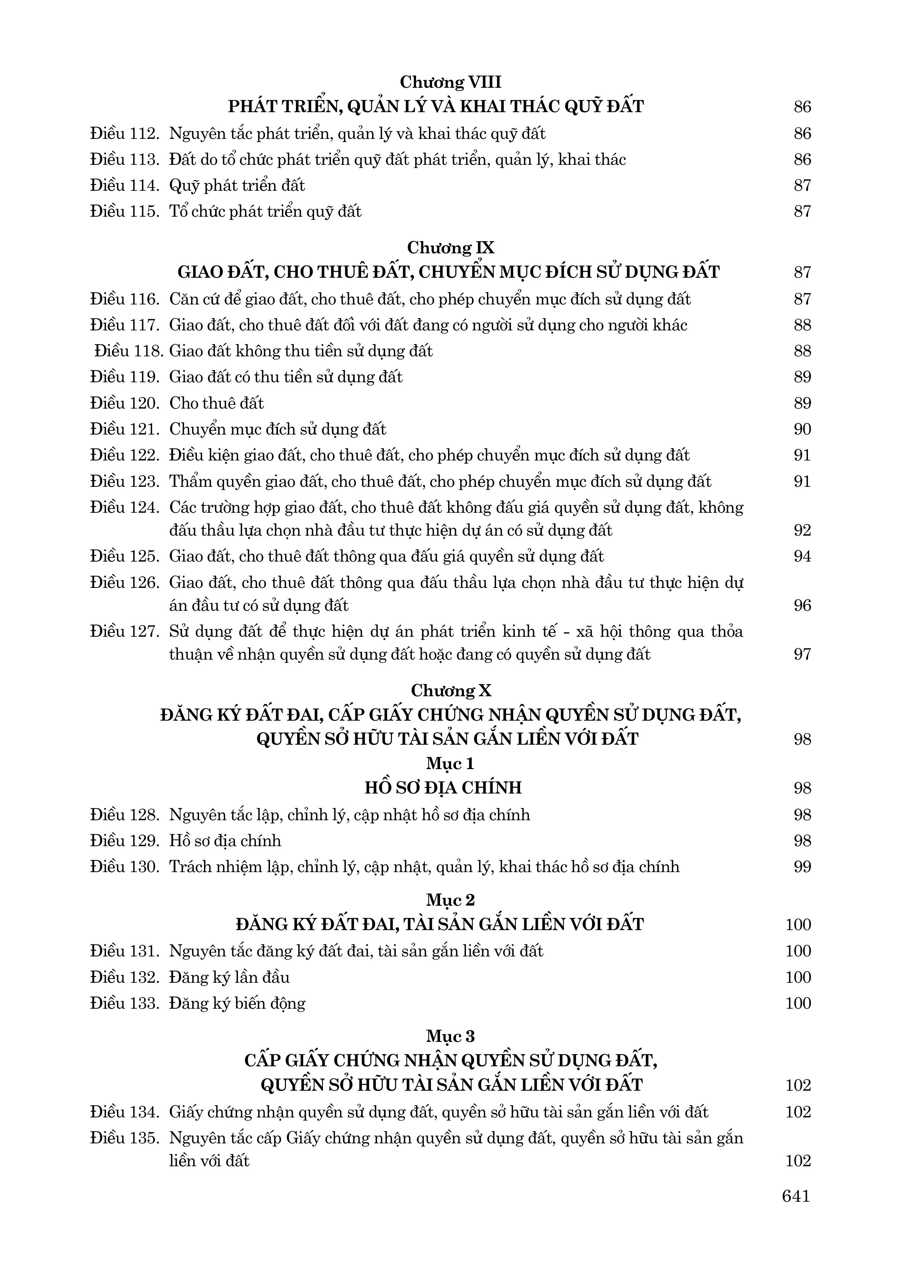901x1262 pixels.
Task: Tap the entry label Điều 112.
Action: [125, 134]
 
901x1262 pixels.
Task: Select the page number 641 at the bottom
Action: [796, 1196]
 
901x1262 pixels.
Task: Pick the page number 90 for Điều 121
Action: [802, 429]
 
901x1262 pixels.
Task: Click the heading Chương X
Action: [451, 691]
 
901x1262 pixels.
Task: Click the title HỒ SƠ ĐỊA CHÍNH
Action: [443, 788]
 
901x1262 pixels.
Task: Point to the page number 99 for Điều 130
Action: [802, 867]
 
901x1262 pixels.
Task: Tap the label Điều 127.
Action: [125, 631]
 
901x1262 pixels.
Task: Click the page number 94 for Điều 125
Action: [802, 556]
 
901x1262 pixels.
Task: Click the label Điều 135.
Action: [125, 1138]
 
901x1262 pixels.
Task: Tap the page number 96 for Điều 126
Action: [802, 605]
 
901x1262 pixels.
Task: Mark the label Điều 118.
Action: [129, 351]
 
